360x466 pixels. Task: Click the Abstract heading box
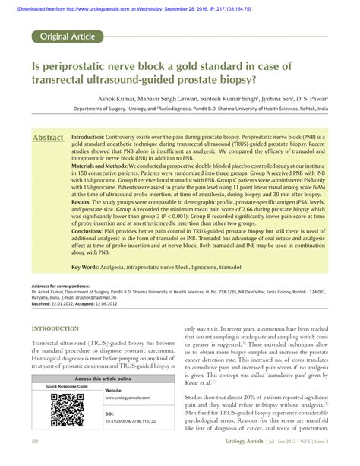[x=48, y=138]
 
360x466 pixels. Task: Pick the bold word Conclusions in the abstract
[x=93, y=254]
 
